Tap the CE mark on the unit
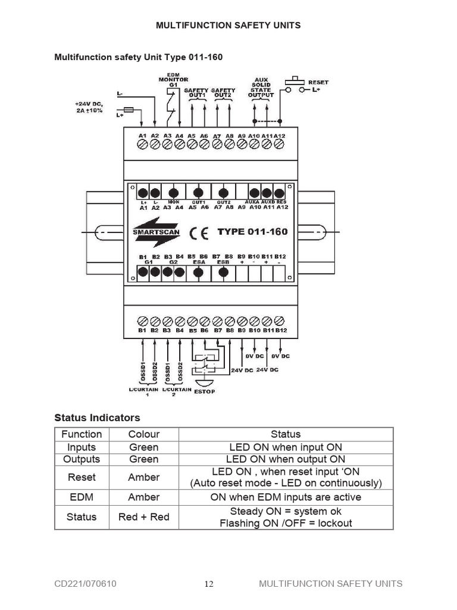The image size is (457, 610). click(199, 233)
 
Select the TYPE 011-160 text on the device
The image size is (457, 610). click(252, 232)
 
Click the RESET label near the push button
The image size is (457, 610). click(318, 82)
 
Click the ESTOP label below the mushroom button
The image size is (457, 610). click(204, 391)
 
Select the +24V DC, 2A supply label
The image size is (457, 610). click(89, 107)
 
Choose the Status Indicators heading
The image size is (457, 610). click(97, 417)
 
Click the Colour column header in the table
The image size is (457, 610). click(143, 434)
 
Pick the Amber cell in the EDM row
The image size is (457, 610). click(143, 497)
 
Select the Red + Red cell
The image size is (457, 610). click(143, 516)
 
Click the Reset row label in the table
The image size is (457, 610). click(82, 477)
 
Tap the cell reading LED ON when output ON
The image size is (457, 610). click(285, 459)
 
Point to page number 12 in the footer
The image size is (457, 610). click(209, 584)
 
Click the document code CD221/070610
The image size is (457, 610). click(86, 584)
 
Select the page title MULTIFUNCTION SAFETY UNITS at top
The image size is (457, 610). click(228, 25)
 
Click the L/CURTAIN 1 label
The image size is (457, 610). click(143, 391)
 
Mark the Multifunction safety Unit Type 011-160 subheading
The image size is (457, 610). click(138, 57)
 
